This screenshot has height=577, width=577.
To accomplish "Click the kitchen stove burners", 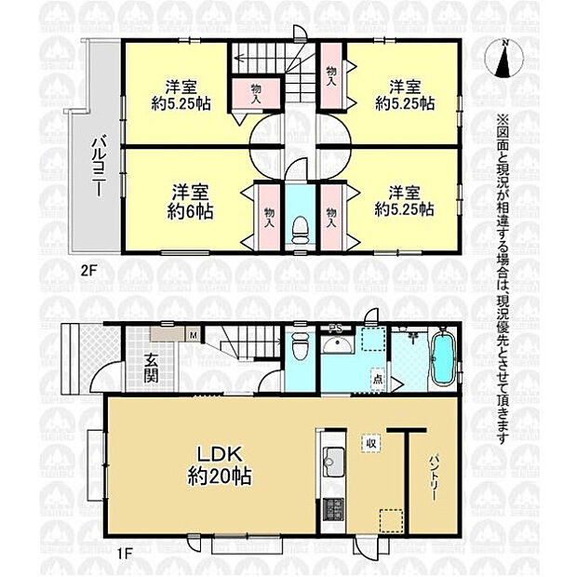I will [332, 510].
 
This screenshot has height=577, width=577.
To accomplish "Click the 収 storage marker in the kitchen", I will [369, 443].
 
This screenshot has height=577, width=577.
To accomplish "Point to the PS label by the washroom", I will [333, 328].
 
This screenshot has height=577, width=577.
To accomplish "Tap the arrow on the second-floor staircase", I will [239, 59].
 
